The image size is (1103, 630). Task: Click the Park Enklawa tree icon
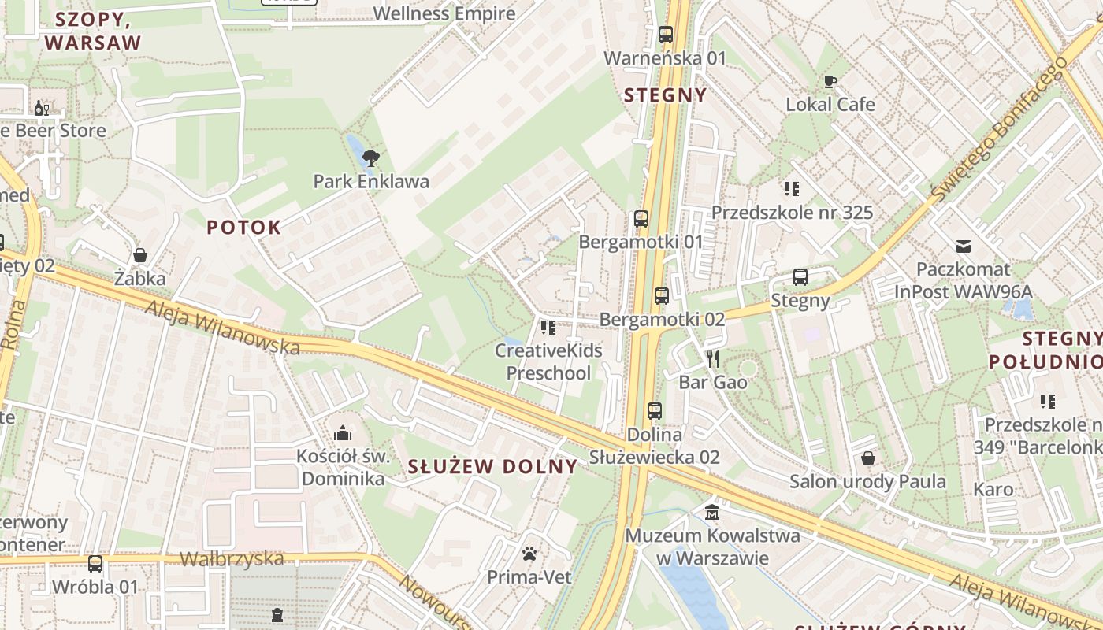370,157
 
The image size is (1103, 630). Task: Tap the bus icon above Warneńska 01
666,35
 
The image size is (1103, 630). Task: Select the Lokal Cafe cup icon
830,80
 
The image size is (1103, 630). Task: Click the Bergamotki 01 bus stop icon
641,219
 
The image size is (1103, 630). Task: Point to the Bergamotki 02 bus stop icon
661,296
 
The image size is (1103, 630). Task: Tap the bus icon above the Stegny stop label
800,277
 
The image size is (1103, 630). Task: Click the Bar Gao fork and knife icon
713,359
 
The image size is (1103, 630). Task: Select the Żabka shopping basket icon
140,255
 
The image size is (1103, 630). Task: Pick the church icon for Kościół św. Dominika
342,433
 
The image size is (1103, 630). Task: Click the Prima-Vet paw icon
529,554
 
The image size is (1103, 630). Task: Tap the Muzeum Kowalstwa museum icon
712,513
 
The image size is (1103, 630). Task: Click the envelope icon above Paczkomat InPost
963,246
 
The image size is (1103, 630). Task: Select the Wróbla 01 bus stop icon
95,564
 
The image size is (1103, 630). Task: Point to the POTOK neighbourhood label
243,228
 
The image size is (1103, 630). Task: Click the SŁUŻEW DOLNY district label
493,466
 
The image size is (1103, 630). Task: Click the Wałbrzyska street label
232,559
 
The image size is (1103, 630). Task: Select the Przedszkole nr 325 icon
792,189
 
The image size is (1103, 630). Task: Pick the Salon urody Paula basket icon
868,458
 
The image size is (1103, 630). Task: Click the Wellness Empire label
444,13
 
